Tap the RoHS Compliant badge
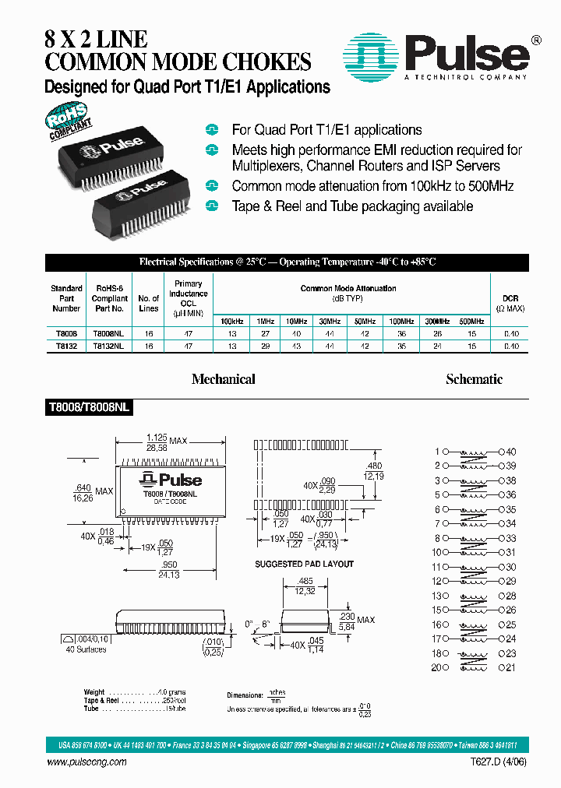(x=69, y=118)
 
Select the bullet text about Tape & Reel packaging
(x=352, y=206)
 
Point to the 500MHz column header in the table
(x=471, y=321)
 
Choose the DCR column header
(x=510, y=303)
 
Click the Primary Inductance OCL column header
(x=189, y=298)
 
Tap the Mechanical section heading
(x=224, y=379)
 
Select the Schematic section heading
(x=474, y=379)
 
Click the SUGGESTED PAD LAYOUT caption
(x=304, y=564)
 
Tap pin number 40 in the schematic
(x=511, y=452)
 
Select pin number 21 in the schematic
(x=511, y=667)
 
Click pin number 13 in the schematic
(x=438, y=596)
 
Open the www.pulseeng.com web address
(x=87, y=762)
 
